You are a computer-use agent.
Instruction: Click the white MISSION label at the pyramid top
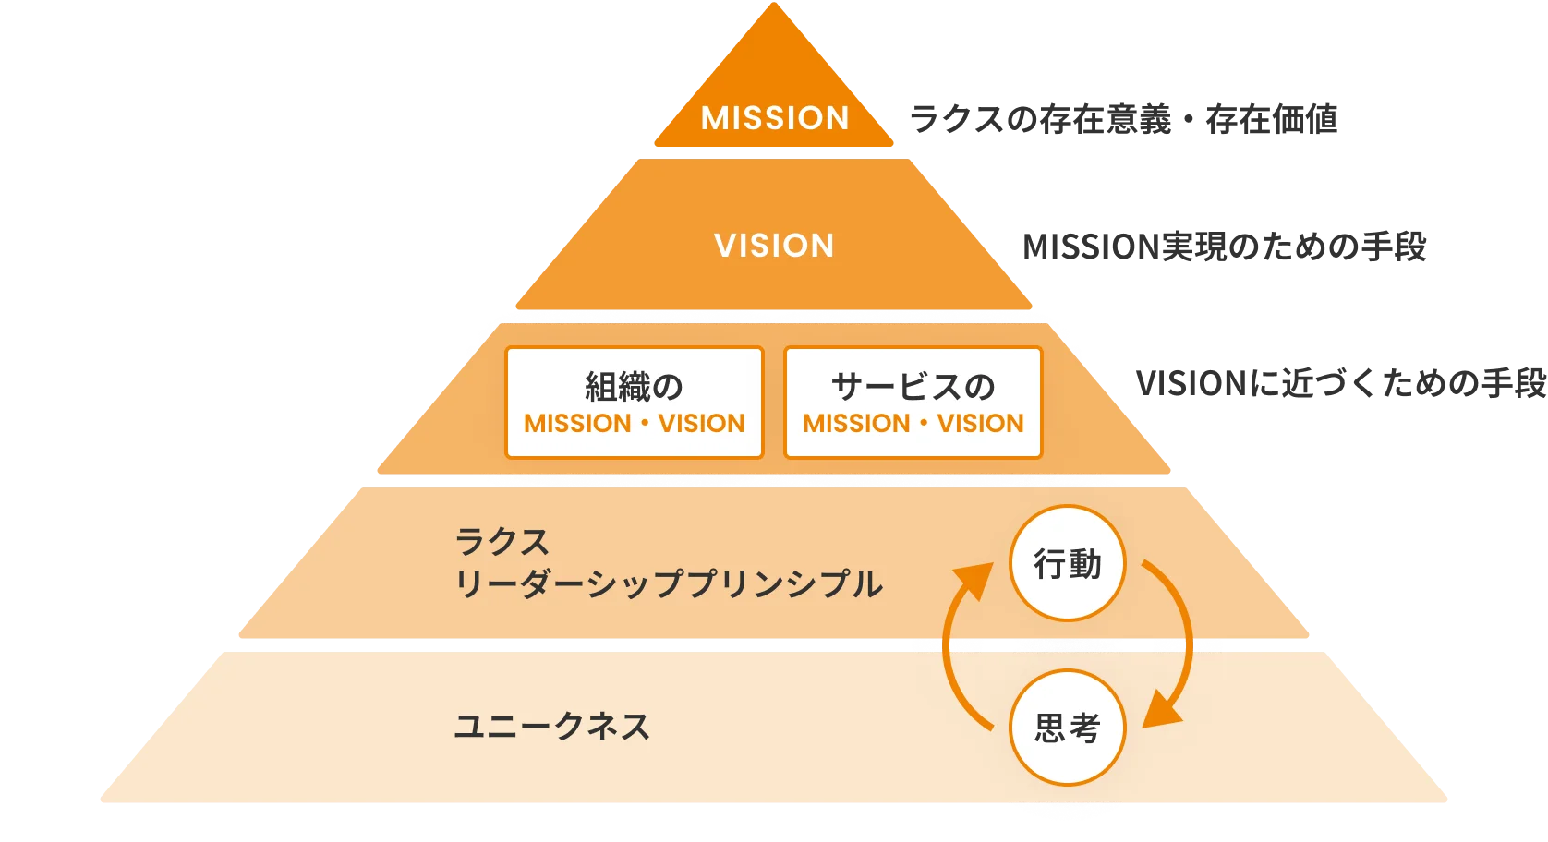(775, 118)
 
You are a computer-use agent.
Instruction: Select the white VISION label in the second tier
(774, 246)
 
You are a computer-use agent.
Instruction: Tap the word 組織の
(634, 386)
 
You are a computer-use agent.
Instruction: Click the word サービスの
(913, 386)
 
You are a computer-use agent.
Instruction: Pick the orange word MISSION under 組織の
(577, 424)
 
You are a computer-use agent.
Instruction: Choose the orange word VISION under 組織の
(702, 424)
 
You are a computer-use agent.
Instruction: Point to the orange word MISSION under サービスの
(856, 424)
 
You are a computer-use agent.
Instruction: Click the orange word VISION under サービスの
(981, 424)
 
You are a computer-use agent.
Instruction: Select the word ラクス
(502, 542)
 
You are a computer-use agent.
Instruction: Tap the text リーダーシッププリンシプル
(668, 584)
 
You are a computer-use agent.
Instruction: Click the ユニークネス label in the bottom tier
(552, 727)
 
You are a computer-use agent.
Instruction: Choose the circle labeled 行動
(1068, 563)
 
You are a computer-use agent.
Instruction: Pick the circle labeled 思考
(1068, 728)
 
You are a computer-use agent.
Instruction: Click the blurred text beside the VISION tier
(1223, 247)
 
